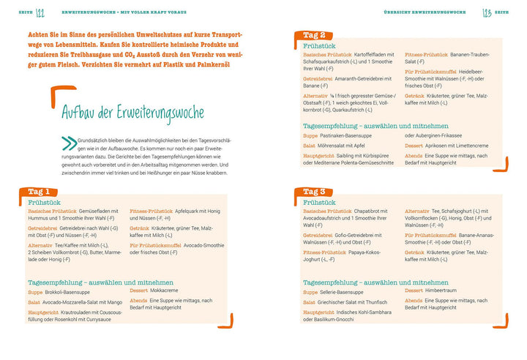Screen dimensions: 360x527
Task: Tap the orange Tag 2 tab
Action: tap(319, 34)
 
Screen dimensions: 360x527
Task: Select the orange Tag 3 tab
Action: tap(319, 192)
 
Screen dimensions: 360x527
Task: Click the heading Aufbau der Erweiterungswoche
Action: tap(122, 112)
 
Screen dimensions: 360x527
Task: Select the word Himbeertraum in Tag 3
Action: tap(438, 290)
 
